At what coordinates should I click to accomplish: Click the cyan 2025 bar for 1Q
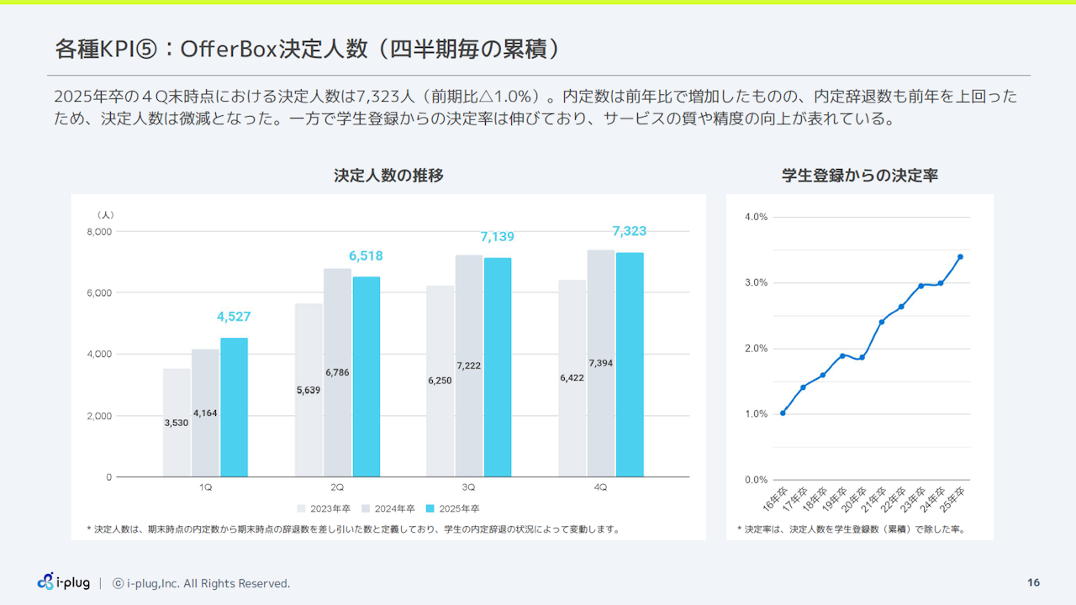tap(234, 408)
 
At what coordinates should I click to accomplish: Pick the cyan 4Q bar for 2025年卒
tap(630, 365)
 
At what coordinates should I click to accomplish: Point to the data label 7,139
tap(497, 237)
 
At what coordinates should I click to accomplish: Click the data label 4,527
tap(234, 317)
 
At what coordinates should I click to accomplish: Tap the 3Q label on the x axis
tap(468, 487)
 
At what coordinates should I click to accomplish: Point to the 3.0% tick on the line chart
tap(756, 283)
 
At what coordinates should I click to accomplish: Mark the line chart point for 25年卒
tap(960, 257)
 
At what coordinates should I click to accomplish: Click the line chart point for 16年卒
tap(783, 413)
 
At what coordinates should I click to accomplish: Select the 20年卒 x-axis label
tap(855, 499)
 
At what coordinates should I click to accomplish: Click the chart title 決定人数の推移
tap(388, 176)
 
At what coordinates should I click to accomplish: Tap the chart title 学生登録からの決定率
tap(860, 176)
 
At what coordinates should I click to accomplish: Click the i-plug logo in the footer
tap(64, 582)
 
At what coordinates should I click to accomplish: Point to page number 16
tap(1033, 582)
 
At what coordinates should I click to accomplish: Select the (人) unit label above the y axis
tap(105, 215)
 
